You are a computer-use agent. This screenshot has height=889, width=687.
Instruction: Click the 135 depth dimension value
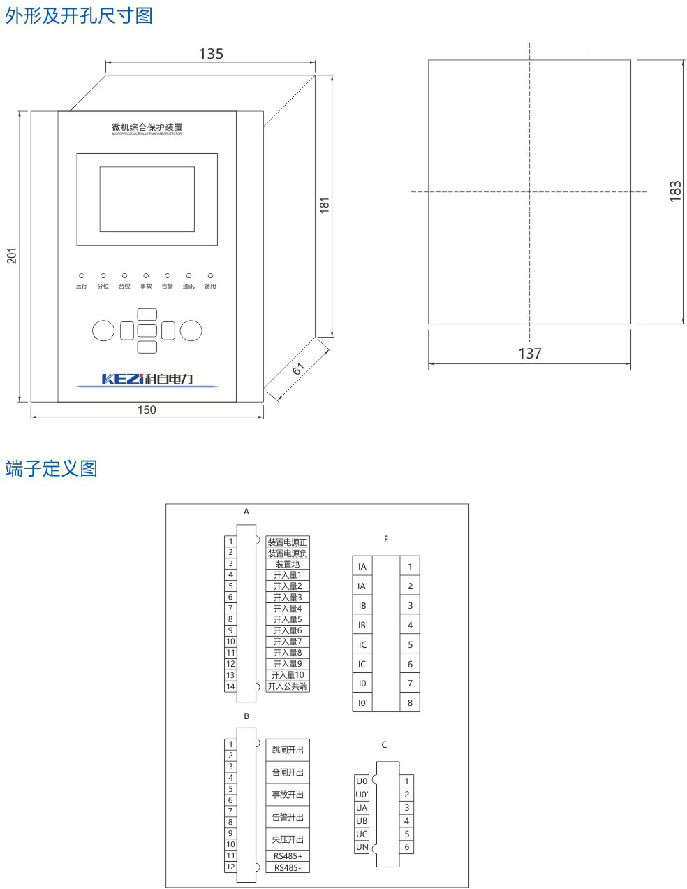coord(211,54)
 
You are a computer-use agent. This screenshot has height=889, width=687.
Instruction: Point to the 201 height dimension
coord(12,256)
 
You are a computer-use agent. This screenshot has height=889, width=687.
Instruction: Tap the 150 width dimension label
coord(147,410)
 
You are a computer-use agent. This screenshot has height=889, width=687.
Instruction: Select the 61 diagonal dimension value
coord(299,368)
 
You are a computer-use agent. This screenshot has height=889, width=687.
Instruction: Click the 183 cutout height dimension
coord(675,191)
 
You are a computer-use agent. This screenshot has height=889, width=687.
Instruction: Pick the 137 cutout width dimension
coord(529,354)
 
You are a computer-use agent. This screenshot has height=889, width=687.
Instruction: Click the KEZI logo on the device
coord(147,379)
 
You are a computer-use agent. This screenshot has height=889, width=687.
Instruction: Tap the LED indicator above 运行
coord(82,276)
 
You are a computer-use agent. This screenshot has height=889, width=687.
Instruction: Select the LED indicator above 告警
coord(168,276)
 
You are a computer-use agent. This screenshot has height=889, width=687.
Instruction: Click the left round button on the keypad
coord(103,330)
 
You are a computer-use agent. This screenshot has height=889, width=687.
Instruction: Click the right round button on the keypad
coord(191,330)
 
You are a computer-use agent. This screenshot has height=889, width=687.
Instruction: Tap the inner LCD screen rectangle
coord(147,198)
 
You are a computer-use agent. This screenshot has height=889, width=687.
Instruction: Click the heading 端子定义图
coord(50,468)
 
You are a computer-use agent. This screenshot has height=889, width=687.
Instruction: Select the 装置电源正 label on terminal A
coord(288,542)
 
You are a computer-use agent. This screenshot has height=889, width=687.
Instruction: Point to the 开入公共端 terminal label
coord(288,686)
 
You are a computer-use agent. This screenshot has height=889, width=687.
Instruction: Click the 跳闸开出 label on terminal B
coord(288,750)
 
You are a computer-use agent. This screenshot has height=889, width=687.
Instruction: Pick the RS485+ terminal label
coord(288,856)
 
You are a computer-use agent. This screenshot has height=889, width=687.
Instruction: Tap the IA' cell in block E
coord(362,586)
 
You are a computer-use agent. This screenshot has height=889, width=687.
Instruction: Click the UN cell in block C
coord(362,847)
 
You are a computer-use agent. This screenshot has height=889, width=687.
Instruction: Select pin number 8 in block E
coord(410,703)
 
